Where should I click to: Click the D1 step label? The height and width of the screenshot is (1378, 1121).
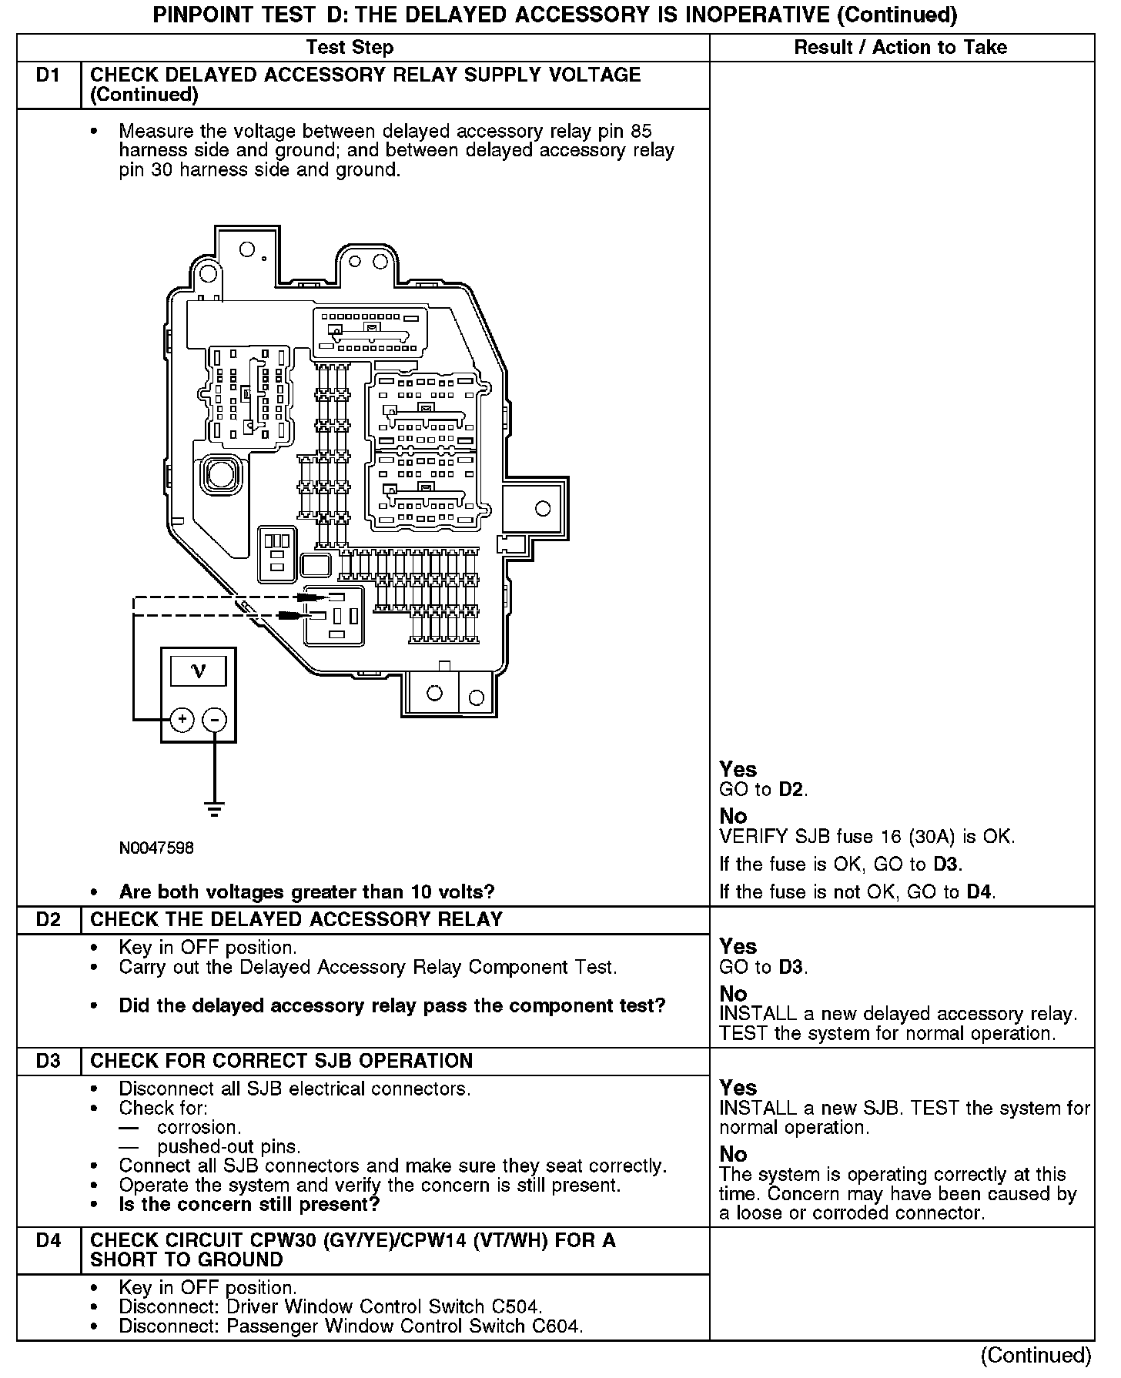pos(48,75)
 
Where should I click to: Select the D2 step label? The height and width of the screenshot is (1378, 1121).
pos(48,920)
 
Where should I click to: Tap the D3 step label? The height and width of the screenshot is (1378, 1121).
pos(48,1061)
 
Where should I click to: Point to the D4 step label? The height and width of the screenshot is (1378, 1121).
pos(48,1240)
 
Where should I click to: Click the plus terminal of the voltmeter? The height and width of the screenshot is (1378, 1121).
pos(182,720)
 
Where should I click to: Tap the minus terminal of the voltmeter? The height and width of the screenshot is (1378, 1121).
pos(214,720)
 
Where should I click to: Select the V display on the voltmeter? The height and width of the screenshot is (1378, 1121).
pos(199,671)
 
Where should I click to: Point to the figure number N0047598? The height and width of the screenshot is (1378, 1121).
pos(156,848)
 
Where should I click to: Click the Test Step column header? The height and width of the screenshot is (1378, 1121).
pos(350,48)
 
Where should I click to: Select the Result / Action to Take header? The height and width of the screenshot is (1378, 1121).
pos(900,48)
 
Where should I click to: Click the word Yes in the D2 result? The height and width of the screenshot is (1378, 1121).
pos(738,946)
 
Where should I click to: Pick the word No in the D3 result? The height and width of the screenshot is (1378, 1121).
pos(733,1154)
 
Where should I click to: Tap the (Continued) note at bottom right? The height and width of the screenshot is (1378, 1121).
pos(1036,1355)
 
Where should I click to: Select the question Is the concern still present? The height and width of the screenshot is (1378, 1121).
pos(249,1204)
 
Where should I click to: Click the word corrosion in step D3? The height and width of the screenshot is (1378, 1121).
pos(199,1128)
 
